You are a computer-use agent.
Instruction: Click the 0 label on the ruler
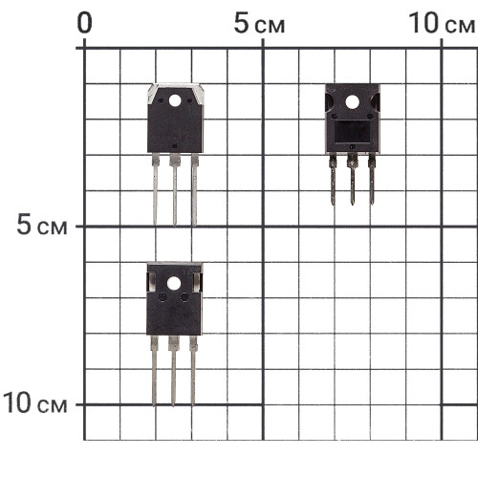point(84,23)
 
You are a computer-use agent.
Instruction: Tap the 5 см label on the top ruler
point(259,23)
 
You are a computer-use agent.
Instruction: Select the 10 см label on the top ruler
point(442,23)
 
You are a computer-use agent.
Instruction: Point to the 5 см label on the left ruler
point(42,226)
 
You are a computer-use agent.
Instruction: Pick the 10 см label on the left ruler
point(35,403)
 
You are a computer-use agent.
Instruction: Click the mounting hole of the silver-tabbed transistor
point(175,100)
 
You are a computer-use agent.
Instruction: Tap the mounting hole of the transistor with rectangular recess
point(352,102)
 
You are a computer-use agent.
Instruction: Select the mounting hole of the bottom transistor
point(174,283)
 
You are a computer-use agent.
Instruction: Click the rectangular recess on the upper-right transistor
point(352,132)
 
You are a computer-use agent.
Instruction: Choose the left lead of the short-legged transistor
point(333,180)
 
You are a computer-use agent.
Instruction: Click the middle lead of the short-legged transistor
point(352,180)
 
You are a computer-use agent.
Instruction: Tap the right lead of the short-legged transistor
point(372,180)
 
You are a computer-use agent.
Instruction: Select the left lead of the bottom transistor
point(154,371)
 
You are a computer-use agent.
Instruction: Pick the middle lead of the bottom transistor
point(174,371)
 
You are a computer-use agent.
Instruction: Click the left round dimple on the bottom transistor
point(163,297)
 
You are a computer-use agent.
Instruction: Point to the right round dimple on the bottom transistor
point(185,297)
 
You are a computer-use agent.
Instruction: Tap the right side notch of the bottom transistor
point(197,282)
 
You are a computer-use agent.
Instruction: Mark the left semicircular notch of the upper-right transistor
point(329,102)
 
